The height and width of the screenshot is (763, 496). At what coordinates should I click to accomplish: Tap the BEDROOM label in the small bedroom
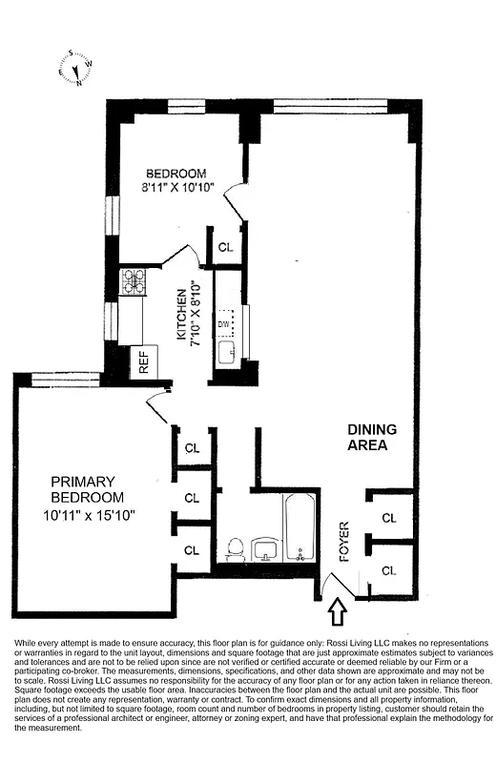tap(176, 173)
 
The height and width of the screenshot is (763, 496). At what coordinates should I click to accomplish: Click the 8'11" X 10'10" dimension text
tap(178, 187)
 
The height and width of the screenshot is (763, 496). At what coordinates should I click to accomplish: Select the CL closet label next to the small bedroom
tap(226, 246)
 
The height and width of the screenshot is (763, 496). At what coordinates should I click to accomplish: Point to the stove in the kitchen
tap(132, 282)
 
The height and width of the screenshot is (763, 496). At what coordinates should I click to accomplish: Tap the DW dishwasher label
tap(224, 324)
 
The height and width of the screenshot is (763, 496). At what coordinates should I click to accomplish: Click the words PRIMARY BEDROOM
tap(83, 489)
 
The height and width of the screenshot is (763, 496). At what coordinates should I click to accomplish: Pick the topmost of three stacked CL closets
tap(192, 447)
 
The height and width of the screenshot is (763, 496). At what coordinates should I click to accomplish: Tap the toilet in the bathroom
tap(235, 549)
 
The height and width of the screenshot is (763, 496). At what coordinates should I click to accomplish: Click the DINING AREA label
tap(371, 437)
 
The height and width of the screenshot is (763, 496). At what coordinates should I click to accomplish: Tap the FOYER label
tap(344, 540)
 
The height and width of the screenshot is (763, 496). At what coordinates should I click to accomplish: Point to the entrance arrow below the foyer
tap(337, 608)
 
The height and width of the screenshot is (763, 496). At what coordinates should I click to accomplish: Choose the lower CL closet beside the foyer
tap(388, 570)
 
